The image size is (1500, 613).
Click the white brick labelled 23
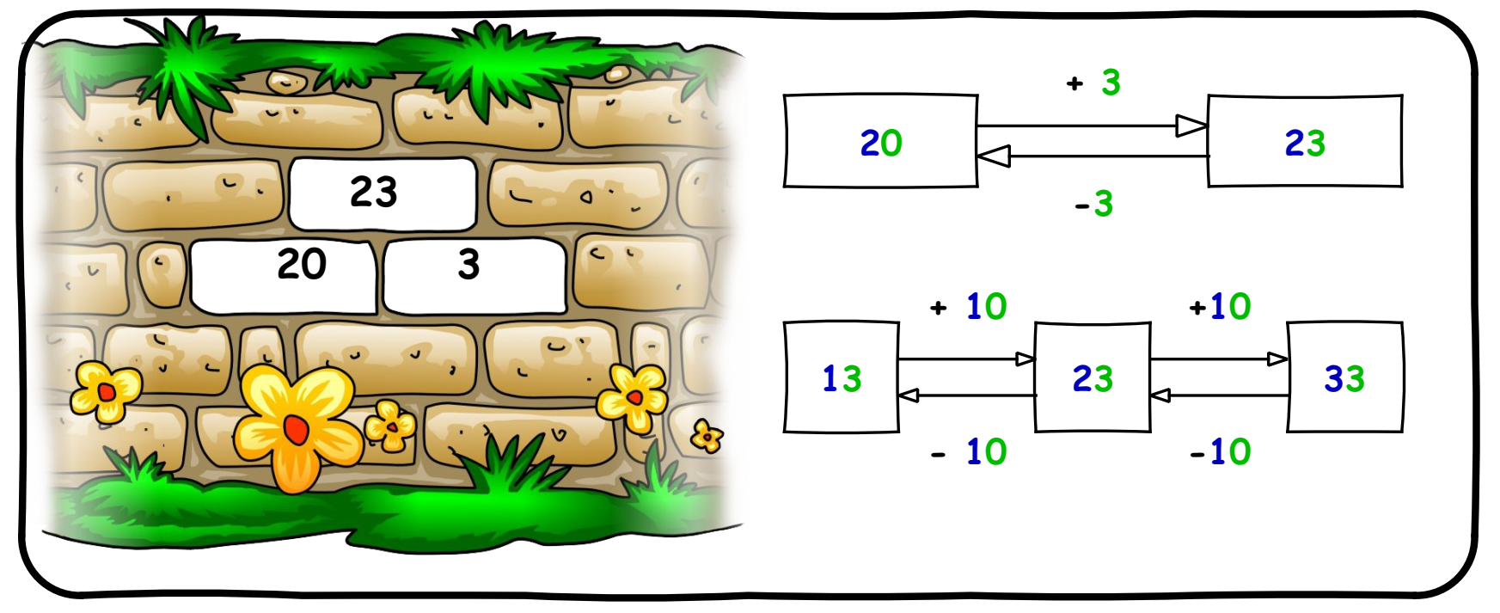pyautogui.click(x=383, y=193)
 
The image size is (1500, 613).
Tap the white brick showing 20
pyautogui.click(x=284, y=275)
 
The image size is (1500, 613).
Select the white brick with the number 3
pyautogui.click(x=474, y=275)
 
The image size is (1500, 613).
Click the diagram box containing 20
pyautogui.click(x=880, y=142)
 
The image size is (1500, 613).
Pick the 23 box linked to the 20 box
pyautogui.click(x=1304, y=142)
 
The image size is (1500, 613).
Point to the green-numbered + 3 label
pyautogui.click(x=1094, y=83)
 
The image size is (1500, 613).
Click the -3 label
pyautogui.click(x=1094, y=205)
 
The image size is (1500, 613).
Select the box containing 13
pyautogui.click(x=841, y=377)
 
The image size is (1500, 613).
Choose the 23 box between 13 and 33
pyautogui.click(x=1092, y=377)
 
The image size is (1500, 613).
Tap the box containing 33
pyautogui.click(x=1344, y=377)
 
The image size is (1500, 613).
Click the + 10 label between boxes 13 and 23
pyautogui.click(x=969, y=307)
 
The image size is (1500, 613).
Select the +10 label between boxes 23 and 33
pyautogui.click(x=1220, y=307)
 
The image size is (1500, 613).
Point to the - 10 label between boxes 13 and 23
pyautogui.click(x=969, y=451)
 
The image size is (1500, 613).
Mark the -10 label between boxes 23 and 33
pyautogui.click(x=1220, y=451)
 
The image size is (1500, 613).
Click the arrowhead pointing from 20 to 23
pyautogui.click(x=1191, y=126)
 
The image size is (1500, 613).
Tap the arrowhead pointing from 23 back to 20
pyautogui.click(x=994, y=156)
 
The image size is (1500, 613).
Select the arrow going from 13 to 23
pyautogui.click(x=966, y=359)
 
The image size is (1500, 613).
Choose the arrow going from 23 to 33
pyautogui.click(x=1219, y=359)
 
